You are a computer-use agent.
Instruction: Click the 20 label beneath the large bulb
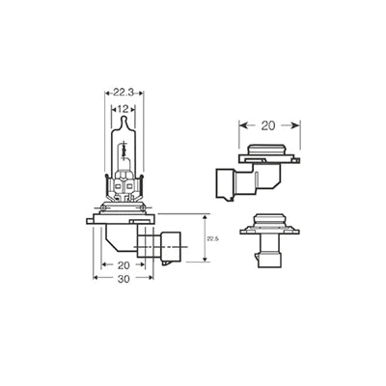[123, 263]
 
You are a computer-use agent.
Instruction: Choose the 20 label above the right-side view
[269, 124]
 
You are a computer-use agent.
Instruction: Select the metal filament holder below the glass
[124, 185]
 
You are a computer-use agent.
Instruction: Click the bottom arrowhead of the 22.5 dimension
[206, 259]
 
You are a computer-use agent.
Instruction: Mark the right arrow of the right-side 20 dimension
[297, 124]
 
